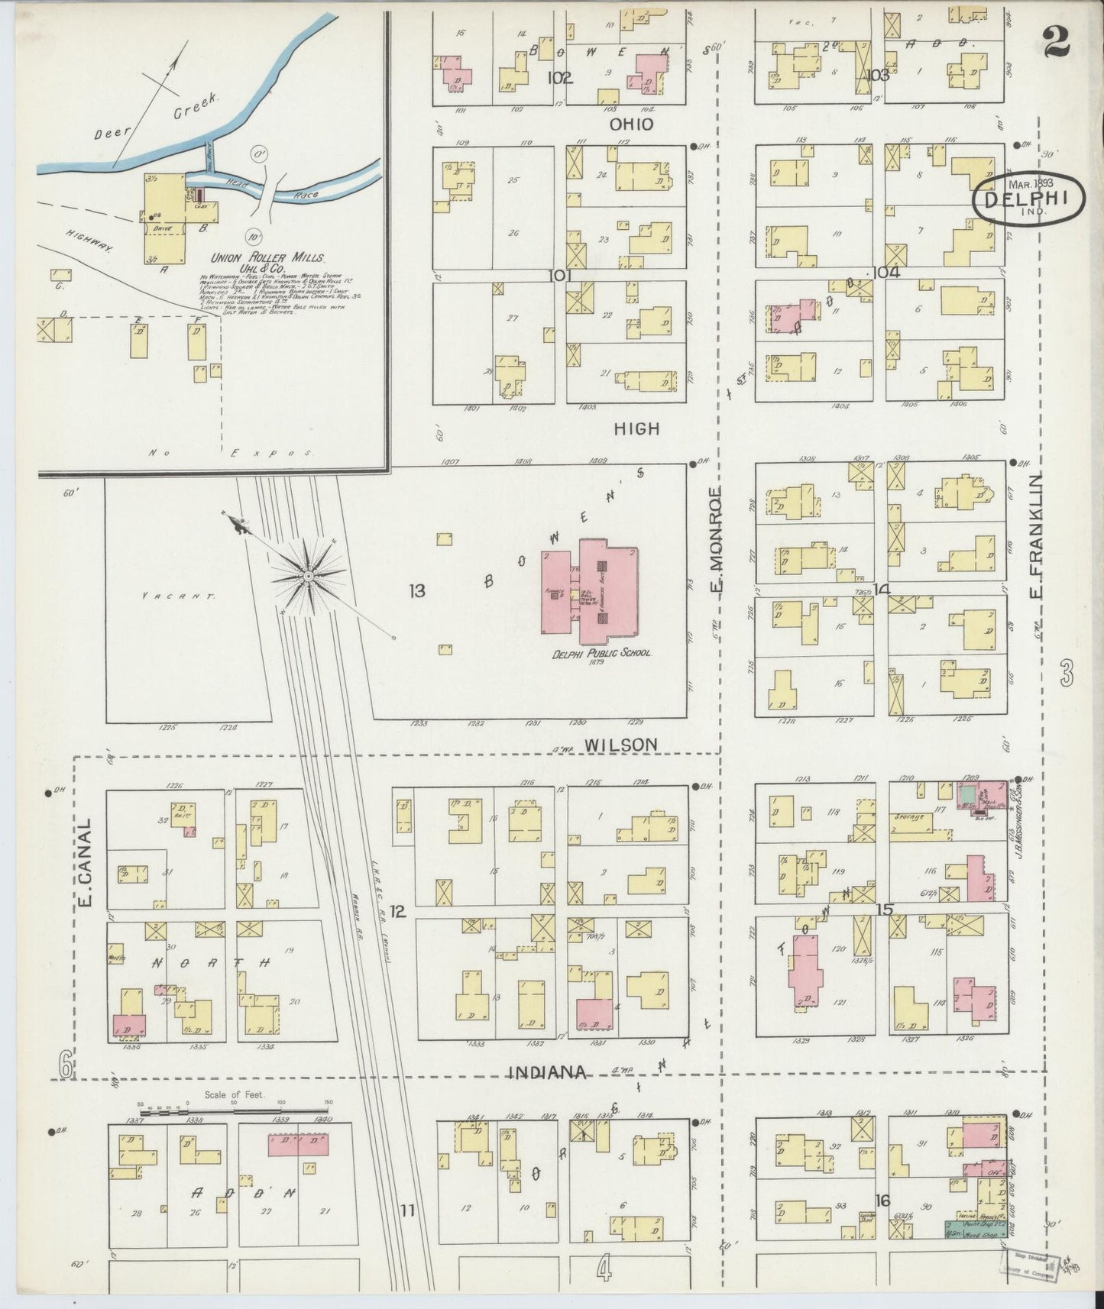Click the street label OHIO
pos(632,124)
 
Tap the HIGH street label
pos(636,429)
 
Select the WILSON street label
pos(620,744)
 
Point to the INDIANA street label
pos(547,1073)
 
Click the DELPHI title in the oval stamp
pos(1028,198)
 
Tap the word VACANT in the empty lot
pos(179,595)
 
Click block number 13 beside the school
pos(416,590)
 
